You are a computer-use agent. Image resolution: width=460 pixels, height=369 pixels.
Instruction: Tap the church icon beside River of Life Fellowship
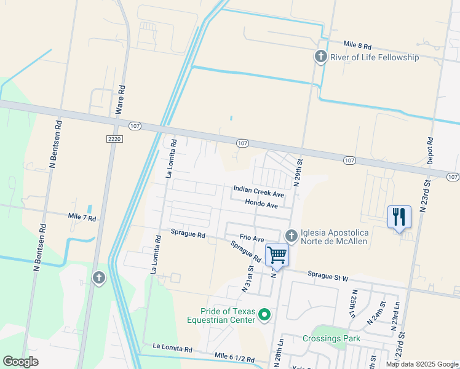[x=320, y=57]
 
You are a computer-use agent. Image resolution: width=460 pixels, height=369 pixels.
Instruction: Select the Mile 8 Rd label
[x=358, y=46]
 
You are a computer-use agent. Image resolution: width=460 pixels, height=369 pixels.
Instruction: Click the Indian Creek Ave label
[x=258, y=191]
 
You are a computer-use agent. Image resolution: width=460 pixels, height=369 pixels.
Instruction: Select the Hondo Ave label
[x=261, y=204]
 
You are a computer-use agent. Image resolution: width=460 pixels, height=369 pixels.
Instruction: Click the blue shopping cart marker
[x=277, y=254]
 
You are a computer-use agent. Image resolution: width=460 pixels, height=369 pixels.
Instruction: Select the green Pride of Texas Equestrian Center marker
[x=265, y=315]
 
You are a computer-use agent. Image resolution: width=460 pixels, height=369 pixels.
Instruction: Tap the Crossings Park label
[x=331, y=338]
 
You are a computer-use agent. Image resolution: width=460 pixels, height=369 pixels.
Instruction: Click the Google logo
[x=21, y=362]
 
